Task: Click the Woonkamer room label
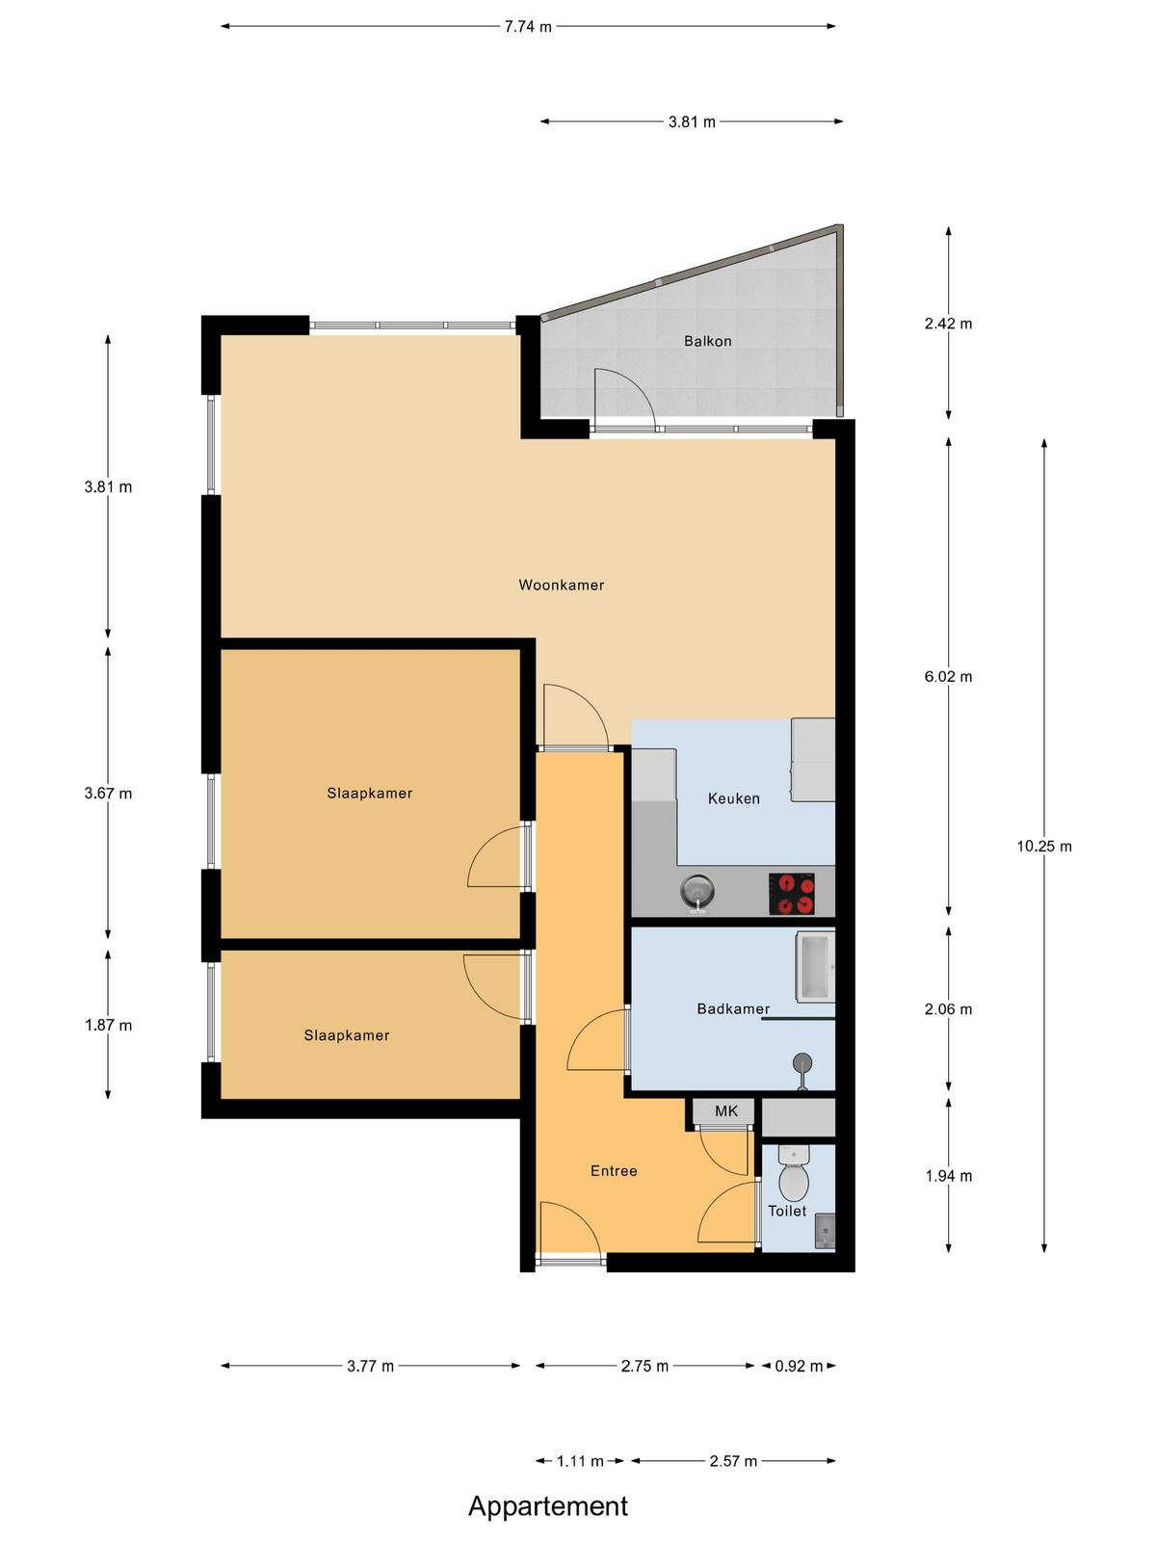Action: coord(561,585)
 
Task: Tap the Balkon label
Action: coord(707,341)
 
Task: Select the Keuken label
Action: coord(733,798)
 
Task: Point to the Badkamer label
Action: coord(733,1008)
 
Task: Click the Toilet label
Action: coord(787,1211)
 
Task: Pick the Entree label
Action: coord(614,1171)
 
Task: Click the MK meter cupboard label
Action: coord(725,1110)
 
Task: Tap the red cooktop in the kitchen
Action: coord(792,894)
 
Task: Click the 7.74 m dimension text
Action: coord(528,27)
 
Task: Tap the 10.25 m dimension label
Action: coord(1044,846)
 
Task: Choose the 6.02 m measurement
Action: coord(948,677)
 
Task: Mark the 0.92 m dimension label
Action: coord(799,1366)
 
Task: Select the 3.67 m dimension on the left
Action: coord(108,794)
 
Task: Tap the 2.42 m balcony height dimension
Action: coord(948,324)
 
